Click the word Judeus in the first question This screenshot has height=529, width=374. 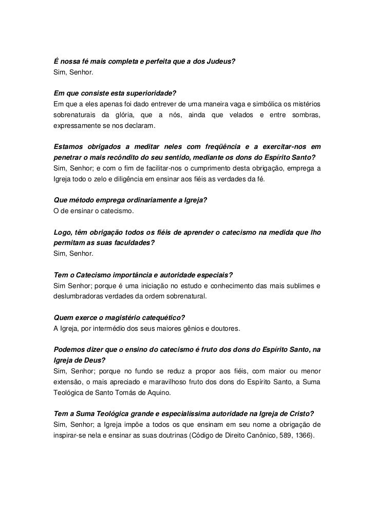[x=221, y=62]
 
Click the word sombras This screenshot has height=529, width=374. [x=306, y=115]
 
